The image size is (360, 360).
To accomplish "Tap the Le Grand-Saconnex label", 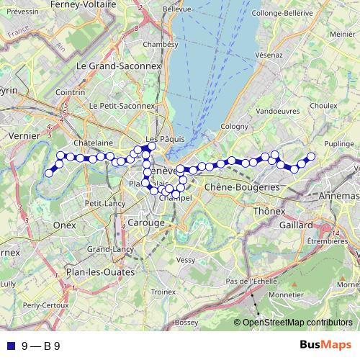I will pyautogui.click(x=119, y=66).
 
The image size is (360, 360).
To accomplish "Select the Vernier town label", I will pyautogui.click(x=22, y=135).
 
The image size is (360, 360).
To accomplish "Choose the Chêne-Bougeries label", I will pyautogui.click(x=241, y=187).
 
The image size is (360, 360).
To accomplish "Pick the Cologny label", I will pyautogui.click(x=234, y=126).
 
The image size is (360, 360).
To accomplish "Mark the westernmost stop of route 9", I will pyautogui.click(x=49, y=173).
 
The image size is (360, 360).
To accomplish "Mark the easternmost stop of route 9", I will pyautogui.click(x=312, y=156).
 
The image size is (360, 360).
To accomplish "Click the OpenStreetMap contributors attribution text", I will pyautogui.click(x=297, y=323).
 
